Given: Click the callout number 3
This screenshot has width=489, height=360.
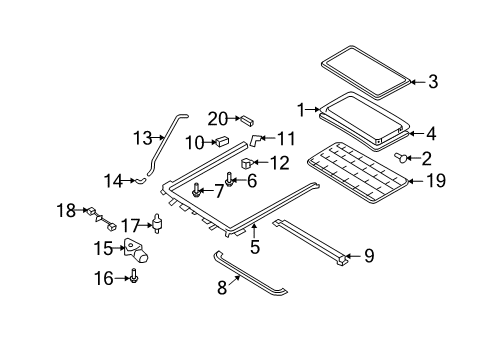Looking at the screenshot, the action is (x=433, y=82).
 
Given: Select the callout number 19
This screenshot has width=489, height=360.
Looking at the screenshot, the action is (x=436, y=181).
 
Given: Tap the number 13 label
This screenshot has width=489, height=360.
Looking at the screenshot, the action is (x=143, y=138).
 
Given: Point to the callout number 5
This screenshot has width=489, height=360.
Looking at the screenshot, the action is (x=255, y=247).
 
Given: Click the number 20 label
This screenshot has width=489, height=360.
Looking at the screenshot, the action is (x=218, y=119).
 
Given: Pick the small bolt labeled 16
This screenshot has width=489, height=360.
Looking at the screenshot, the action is (x=134, y=276).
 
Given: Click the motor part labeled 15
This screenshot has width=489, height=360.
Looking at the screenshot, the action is (x=136, y=251).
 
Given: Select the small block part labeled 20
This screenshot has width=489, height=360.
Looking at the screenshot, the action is (x=247, y=120).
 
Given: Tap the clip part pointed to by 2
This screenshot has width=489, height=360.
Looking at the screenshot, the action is (x=400, y=157).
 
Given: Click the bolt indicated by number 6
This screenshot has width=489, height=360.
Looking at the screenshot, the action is (x=229, y=179).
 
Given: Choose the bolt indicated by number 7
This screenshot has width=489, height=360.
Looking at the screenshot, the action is (x=196, y=190).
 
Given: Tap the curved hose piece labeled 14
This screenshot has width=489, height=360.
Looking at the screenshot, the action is (x=140, y=180).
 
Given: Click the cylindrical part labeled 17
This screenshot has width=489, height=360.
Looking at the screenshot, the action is (x=157, y=223).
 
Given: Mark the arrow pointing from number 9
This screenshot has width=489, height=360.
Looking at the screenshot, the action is (x=353, y=256).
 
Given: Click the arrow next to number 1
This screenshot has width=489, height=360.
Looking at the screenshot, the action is (x=313, y=109).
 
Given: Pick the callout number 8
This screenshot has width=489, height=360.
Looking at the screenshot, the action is (x=222, y=288).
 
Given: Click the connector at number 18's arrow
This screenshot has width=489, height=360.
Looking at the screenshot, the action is (x=91, y=211).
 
